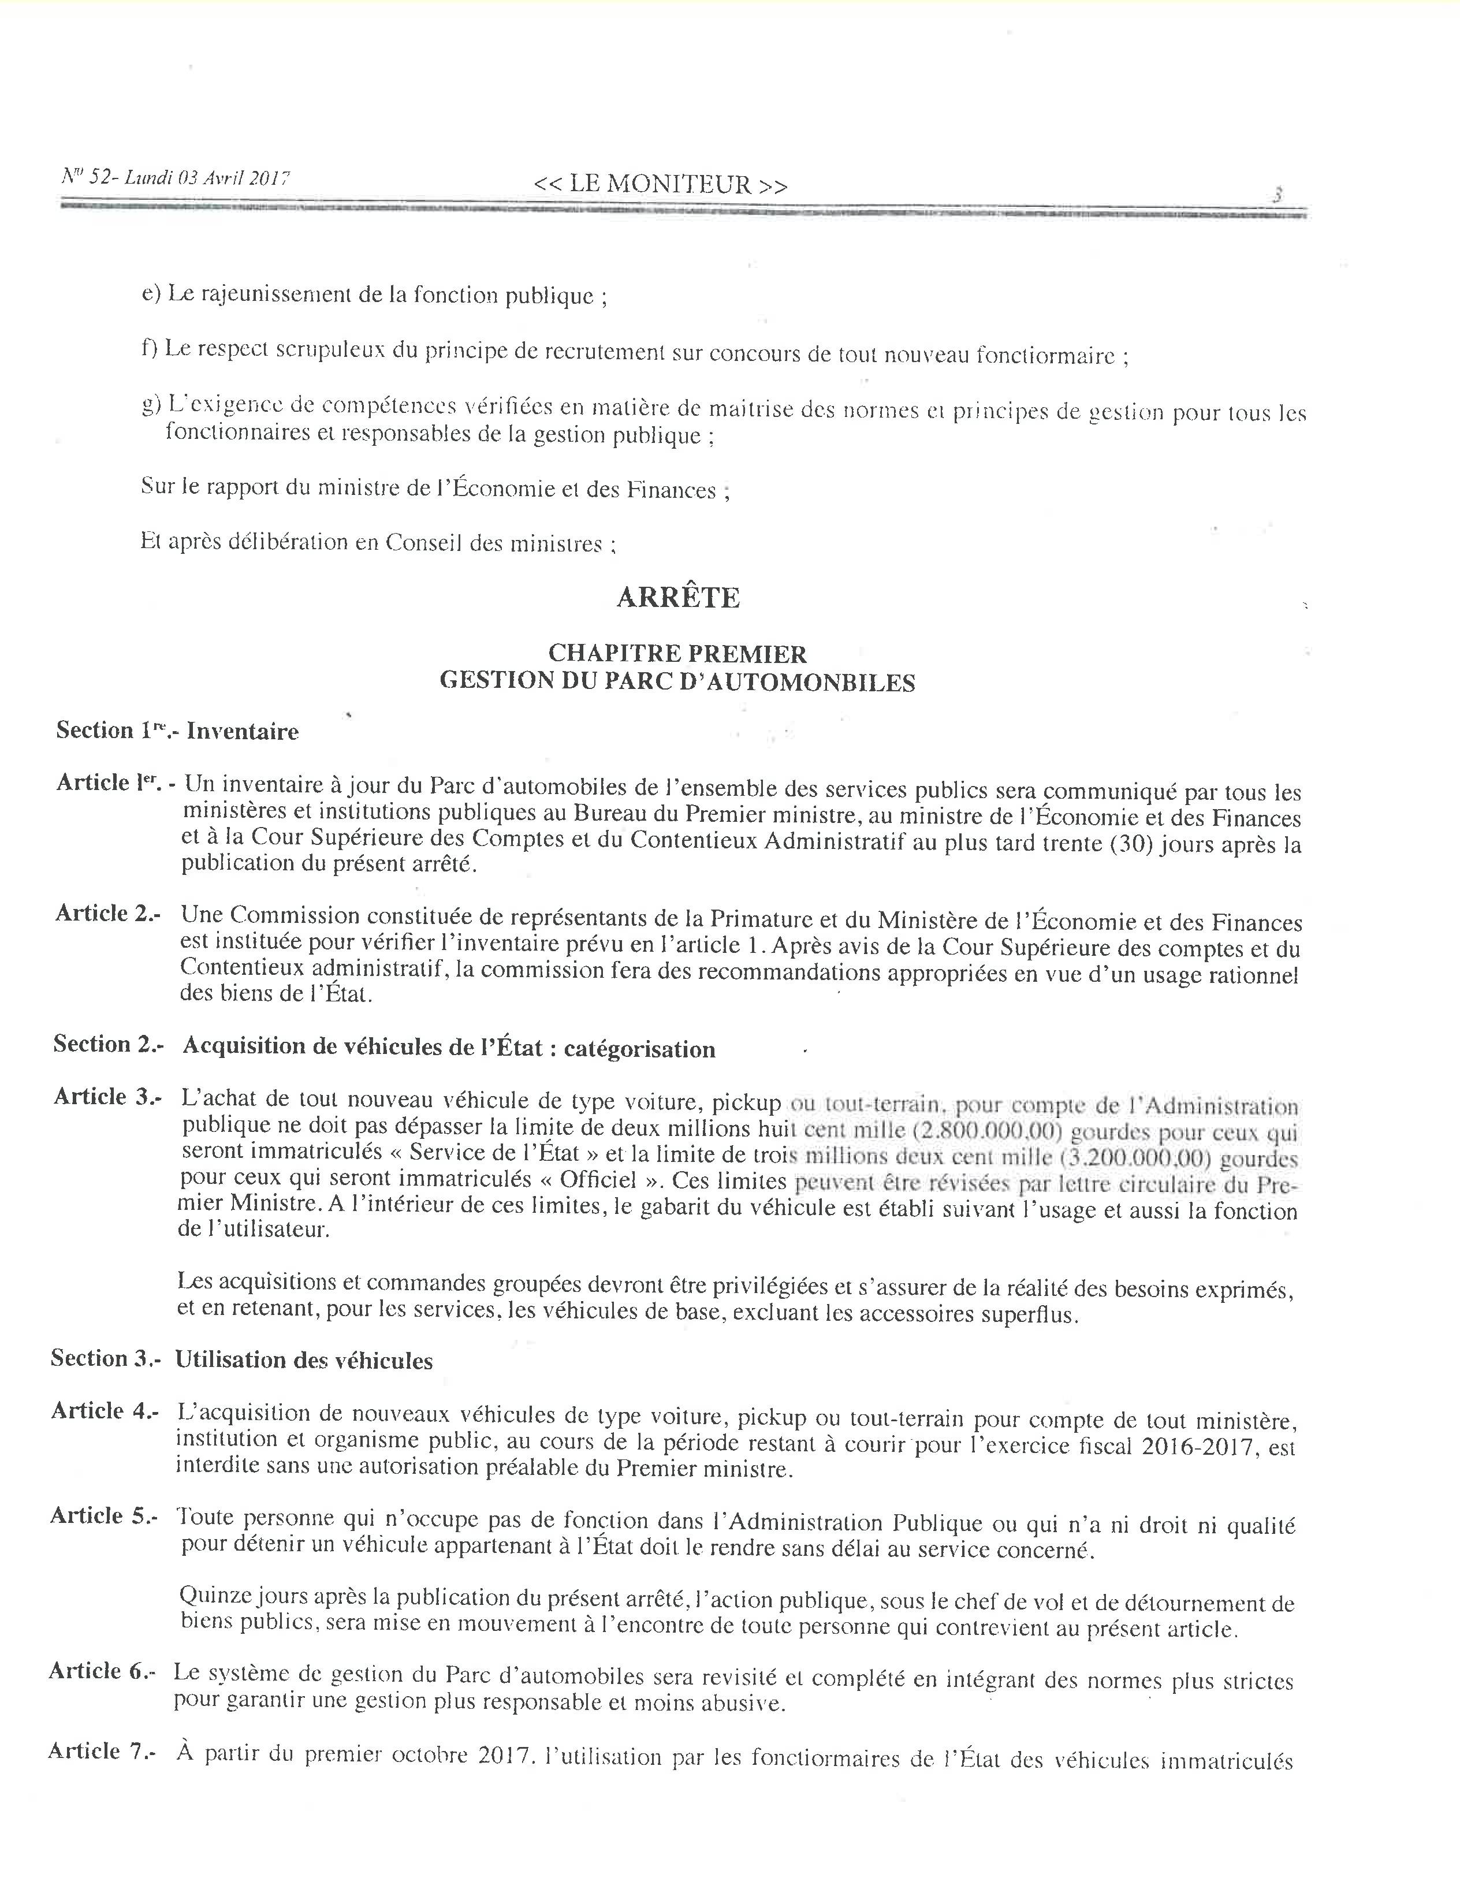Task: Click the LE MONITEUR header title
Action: (660, 185)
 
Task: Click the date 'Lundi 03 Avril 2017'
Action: (207, 178)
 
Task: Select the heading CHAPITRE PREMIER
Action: (677, 653)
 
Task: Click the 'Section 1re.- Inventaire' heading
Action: (177, 731)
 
